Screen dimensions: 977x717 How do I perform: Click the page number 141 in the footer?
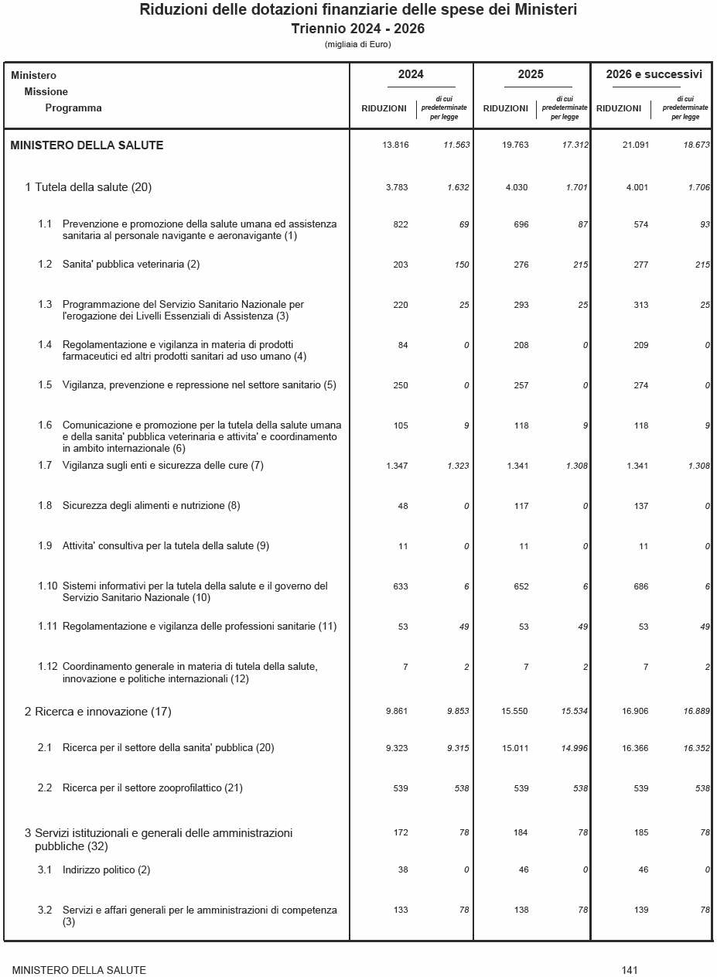[x=629, y=970]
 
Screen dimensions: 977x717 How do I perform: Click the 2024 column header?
[x=411, y=75]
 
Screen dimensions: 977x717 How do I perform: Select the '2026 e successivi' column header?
[x=654, y=75]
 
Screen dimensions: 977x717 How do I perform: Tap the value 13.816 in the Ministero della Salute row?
[x=395, y=145]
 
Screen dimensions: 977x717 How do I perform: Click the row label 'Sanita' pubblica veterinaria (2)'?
[x=131, y=265]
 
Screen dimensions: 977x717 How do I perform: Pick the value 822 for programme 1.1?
[x=400, y=224]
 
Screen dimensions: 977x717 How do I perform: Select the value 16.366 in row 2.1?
[x=635, y=748]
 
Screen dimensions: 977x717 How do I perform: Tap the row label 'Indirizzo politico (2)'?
[x=106, y=870]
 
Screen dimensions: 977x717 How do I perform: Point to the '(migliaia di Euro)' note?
[x=358, y=45]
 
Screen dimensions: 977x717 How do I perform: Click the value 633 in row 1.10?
[x=400, y=586]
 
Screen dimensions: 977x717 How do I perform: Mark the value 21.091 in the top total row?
[x=635, y=145]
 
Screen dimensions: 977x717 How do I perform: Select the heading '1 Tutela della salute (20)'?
[x=88, y=187]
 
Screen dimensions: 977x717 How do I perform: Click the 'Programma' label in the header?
[x=73, y=108]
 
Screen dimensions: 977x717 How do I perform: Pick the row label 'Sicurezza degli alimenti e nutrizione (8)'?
[x=151, y=506]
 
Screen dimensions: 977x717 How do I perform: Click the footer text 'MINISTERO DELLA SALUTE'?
[x=79, y=970]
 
